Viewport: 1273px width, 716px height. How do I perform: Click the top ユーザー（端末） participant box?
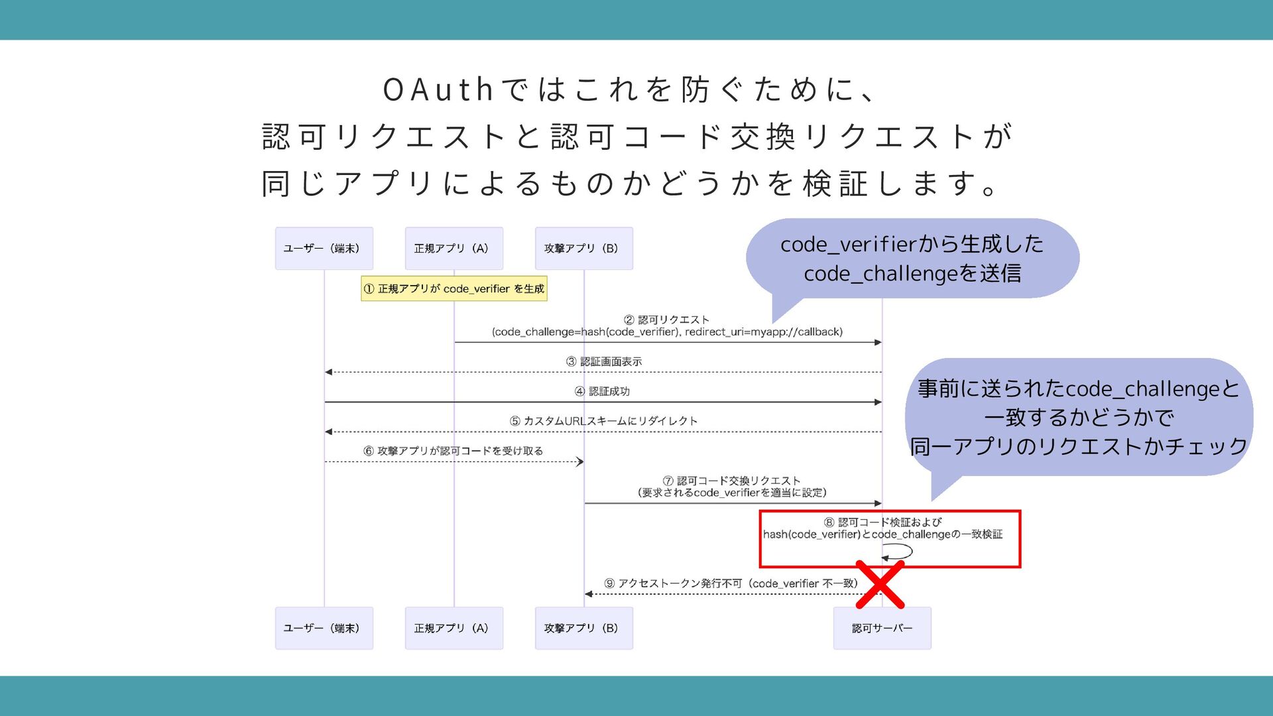[x=324, y=249]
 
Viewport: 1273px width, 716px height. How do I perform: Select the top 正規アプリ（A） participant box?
[x=454, y=249]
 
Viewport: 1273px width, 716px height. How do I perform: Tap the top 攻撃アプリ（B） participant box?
[x=584, y=249]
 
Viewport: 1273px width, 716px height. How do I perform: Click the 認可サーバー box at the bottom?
[x=882, y=628]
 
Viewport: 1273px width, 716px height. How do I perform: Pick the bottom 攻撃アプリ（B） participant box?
[x=584, y=628]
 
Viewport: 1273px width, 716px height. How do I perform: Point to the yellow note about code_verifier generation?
[x=454, y=289]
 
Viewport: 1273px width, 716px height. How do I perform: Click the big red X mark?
[x=880, y=585]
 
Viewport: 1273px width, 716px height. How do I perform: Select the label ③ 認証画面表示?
[x=604, y=361]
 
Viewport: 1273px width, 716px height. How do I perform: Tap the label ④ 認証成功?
[x=602, y=391]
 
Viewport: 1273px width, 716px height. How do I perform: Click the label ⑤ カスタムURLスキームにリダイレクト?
[x=603, y=421]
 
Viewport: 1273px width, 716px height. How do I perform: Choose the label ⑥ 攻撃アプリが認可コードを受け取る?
[x=454, y=451]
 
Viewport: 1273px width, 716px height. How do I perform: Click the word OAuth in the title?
[x=438, y=90]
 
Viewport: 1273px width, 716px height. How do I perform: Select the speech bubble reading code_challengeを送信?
[x=912, y=259]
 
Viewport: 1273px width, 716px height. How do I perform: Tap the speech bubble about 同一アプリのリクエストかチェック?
[x=1079, y=417]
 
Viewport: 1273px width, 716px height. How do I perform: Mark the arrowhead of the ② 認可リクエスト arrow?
[x=878, y=343]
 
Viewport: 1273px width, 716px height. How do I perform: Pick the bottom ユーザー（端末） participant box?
[x=324, y=628]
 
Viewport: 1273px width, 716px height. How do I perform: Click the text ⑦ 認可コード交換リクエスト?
[x=732, y=481]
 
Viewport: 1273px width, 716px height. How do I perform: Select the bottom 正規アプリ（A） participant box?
[x=454, y=628]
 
